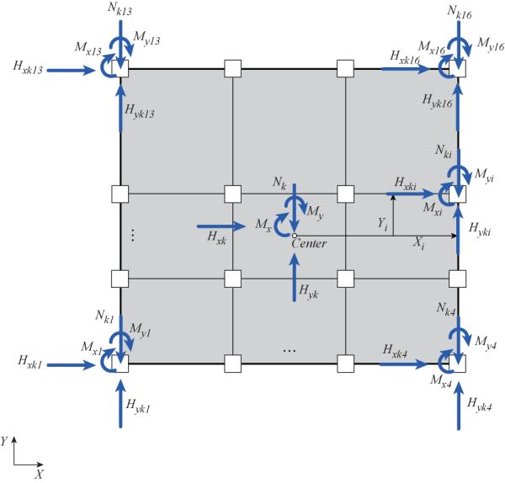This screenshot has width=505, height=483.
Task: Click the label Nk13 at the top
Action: pyautogui.click(x=120, y=9)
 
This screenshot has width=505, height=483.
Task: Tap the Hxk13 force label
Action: pyautogui.click(x=28, y=67)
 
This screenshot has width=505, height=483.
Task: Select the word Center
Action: pyautogui.click(x=309, y=243)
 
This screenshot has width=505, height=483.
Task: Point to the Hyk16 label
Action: pyautogui.click(x=438, y=101)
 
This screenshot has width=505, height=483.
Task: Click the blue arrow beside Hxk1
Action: pyautogui.click(x=72, y=365)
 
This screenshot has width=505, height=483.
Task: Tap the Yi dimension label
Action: pyautogui.click(x=383, y=224)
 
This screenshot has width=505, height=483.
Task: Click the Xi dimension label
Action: pyautogui.click(x=418, y=243)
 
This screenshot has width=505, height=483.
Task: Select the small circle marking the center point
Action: pyautogui.click(x=294, y=236)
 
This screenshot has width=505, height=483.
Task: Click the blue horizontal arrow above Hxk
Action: pyautogui.click(x=221, y=226)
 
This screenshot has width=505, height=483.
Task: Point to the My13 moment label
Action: pyautogui.click(x=146, y=39)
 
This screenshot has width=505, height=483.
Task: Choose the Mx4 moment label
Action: pyautogui.click(x=441, y=381)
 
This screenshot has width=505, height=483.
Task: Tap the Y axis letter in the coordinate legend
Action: pyautogui.click(x=4, y=441)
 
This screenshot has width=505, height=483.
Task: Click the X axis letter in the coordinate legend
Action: pyautogui.click(x=39, y=475)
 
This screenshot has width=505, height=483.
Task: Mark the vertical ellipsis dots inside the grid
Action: pyautogui.click(x=133, y=235)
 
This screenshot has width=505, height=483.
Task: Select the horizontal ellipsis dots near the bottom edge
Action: pyautogui.click(x=290, y=351)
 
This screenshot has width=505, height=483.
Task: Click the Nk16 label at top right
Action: pyautogui.click(x=460, y=13)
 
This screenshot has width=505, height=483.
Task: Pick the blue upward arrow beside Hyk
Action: pyautogui.click(x=294, y=277)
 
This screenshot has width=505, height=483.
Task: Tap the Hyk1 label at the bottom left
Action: pyautogui.click(x=138, y=406)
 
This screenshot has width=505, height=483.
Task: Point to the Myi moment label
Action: pyautogui.click(x=484, y=175)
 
